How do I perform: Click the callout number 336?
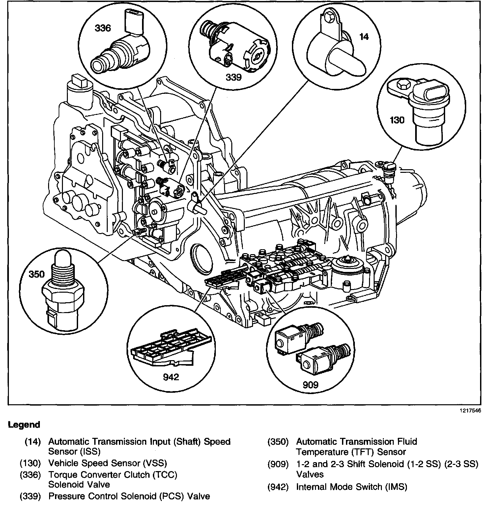click(103, 28)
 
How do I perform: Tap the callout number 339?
click(234, 77)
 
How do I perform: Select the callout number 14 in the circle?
click(364, 37)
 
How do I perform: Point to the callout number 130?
click(397, 120)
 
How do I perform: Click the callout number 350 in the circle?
click(37, 274)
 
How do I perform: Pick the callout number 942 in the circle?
click(171, 377)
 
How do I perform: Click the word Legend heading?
click(24, 425)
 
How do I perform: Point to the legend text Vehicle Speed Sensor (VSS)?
click(108, 463)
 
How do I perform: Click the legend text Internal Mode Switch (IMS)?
click(352, 487)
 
